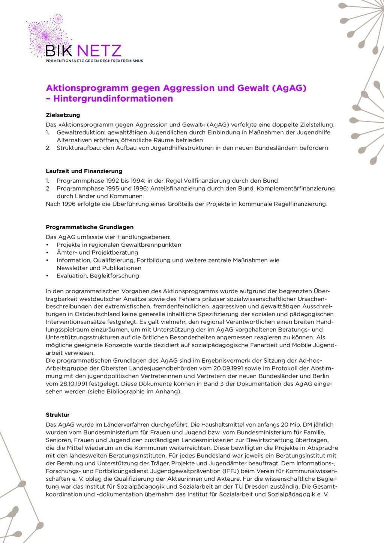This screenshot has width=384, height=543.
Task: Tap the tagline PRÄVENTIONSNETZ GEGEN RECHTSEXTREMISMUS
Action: [94, 60]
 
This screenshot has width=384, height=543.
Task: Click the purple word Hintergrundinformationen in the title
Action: [113, 99]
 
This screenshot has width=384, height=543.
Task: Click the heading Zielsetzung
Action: [63, 115]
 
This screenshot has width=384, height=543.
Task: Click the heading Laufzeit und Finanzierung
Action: [84, 171]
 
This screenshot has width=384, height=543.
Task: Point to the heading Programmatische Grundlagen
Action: [90, 227]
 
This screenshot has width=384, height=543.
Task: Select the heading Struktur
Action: [57, 415]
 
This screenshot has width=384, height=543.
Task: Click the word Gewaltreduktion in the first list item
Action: [78, 132]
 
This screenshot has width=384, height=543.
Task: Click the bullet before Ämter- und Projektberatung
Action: [47, 252]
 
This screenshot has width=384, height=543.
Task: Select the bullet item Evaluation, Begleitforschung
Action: [97, 276]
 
